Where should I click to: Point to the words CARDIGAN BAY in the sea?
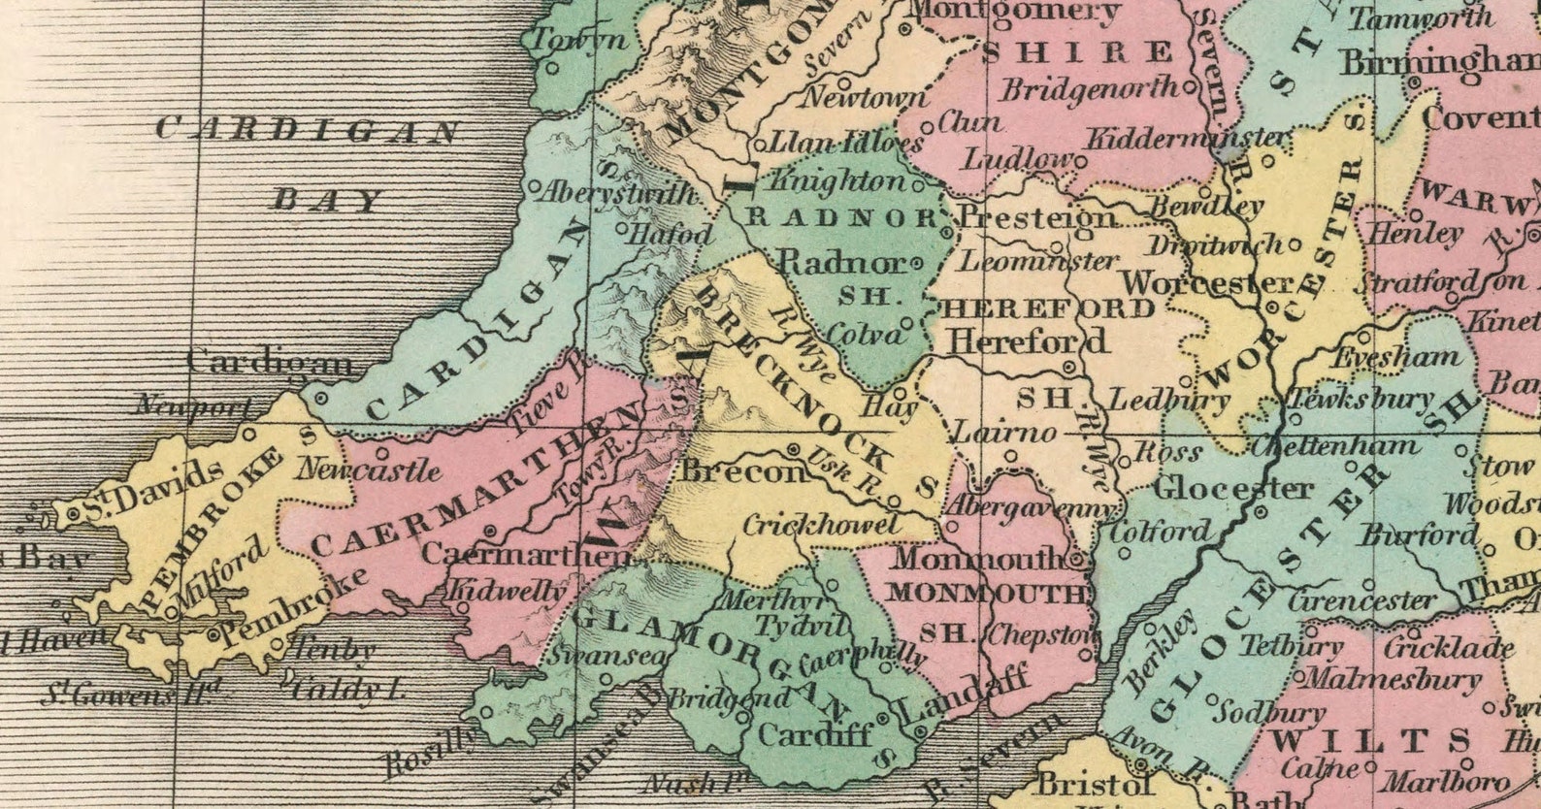[309, 162]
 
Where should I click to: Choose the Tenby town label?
[333, 649]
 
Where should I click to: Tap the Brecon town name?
[743, 471]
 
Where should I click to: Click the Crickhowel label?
[821, 525]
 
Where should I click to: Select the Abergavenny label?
[1027, 507]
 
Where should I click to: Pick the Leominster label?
[1039, 261]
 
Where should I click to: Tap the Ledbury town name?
[1168, 400]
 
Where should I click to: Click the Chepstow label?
[1041, 636]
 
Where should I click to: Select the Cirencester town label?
[1361, 600]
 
